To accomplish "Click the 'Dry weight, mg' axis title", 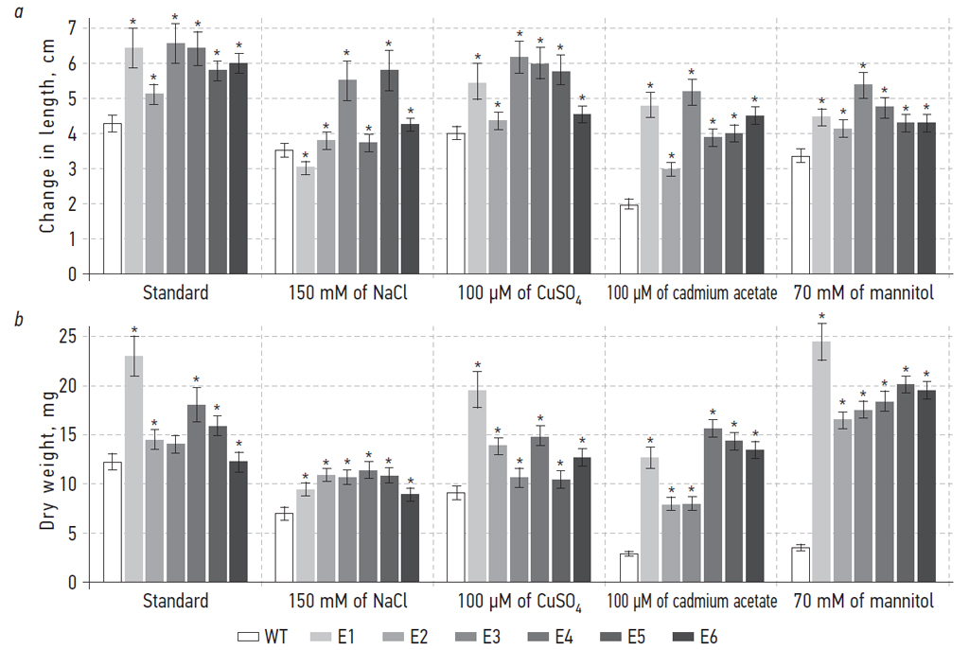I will [46, 460].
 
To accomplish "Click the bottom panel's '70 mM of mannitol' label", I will [864, 602].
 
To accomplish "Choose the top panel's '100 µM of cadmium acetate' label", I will [692, 293].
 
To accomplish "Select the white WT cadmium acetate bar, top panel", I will [629, 239].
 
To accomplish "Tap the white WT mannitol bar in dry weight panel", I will [801, 564].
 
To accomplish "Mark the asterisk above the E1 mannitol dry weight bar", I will [822, 317].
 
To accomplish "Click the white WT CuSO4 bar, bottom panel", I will [456, 537].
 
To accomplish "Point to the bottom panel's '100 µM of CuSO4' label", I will [520, 602].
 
